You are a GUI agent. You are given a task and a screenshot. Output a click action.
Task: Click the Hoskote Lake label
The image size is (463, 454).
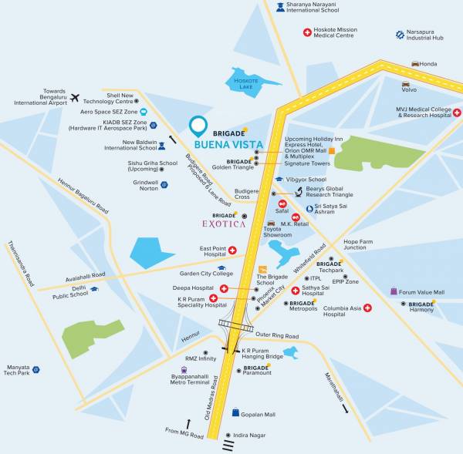coord(243,82)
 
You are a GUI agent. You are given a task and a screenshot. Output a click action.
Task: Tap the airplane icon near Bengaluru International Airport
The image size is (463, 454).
coord(75,97)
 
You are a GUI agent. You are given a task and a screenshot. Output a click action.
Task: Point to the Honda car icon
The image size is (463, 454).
coord(416,64)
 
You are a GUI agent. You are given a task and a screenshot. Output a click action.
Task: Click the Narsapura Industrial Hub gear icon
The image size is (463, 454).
coord(400,35)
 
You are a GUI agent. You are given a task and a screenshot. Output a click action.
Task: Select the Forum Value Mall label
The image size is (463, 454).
coord(422,292)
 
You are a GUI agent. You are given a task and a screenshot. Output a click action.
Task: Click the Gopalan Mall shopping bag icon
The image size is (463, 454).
coord(235,413)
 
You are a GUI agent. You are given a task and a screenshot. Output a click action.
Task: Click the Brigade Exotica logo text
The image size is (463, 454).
coord(223,224)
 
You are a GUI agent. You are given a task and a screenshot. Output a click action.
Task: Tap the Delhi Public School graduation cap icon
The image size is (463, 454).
coord(94,289)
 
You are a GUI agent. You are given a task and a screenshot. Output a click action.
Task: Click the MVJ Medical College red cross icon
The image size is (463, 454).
coord(457,113)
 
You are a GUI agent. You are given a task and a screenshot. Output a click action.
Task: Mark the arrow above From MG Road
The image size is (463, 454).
coord(188,424)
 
